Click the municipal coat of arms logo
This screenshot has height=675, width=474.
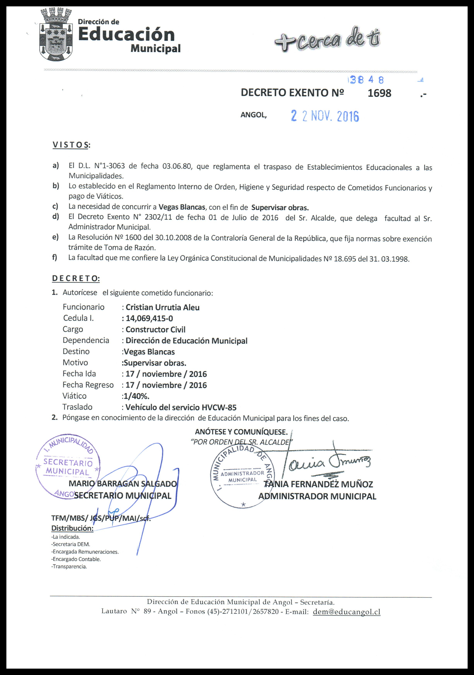[x=56, y=35]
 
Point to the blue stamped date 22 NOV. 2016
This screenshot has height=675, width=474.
[x=325, y=116]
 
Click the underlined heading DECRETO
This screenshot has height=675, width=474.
[x=76, y=278]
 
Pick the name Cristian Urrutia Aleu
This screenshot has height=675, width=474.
[x=163, y=307]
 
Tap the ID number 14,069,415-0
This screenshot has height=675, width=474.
[x=149, y=318]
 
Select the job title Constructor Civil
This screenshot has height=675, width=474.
[x=155, y=329]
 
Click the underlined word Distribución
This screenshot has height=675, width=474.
[x=72, y=528]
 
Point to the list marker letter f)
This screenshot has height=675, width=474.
[x=55, y=258]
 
